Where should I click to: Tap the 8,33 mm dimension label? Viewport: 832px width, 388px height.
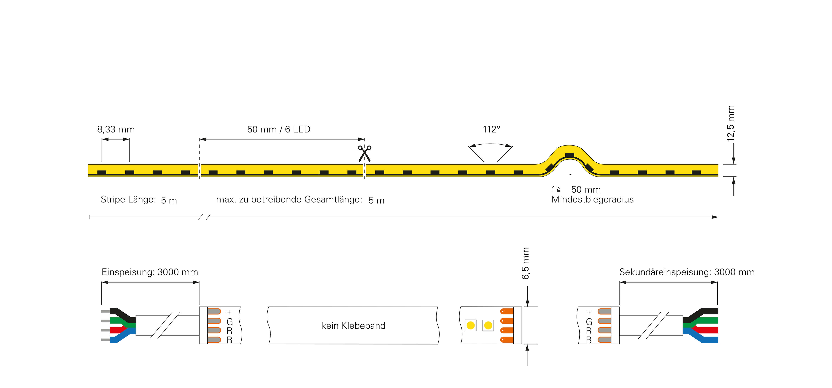click(x=116, y=129)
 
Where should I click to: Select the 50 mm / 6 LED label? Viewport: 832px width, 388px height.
click(x=279, y=129)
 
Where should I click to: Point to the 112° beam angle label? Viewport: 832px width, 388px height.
click(x=491, y=129)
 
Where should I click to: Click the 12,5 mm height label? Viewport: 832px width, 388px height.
click(x=731, y=123)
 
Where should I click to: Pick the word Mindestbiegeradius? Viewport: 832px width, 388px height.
click(x=592, y=199)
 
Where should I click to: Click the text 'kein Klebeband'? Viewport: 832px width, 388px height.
click(x=353, y=326)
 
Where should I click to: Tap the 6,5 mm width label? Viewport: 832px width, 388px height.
click(x=525, y=263)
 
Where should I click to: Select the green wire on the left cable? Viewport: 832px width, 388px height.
click(x=121, y=321)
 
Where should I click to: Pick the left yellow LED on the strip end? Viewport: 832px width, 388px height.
click(x=471, y=325)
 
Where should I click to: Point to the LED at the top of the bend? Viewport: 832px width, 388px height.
click(x=570, y=155)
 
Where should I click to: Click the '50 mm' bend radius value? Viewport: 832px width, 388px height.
click(x=586, y=190)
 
